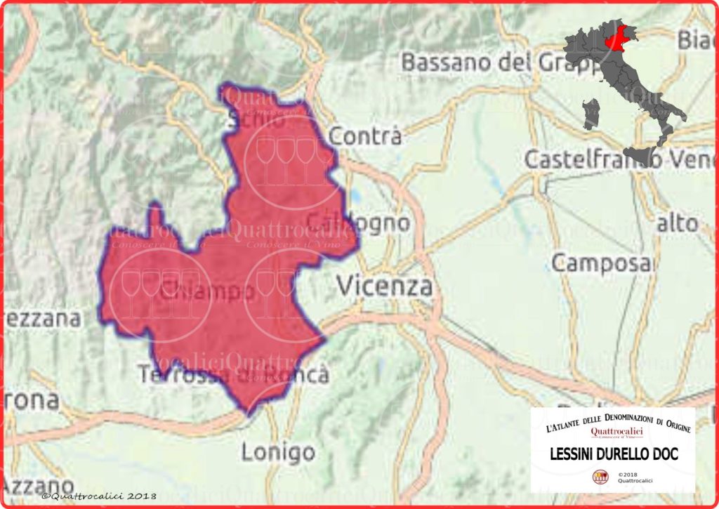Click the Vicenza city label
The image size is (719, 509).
pos(384,286)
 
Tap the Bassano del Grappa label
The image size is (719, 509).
pos(494,62)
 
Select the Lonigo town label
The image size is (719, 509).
pos(278,452)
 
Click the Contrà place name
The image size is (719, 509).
pos(365,135)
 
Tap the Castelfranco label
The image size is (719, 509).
pos(593,159)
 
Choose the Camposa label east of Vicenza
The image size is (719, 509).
pos(602,263)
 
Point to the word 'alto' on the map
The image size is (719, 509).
pos(678,224)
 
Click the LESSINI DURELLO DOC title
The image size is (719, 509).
pos(613,454)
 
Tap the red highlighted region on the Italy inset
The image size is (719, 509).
pos(615,37)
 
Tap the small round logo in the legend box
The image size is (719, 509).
pos(601,477)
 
